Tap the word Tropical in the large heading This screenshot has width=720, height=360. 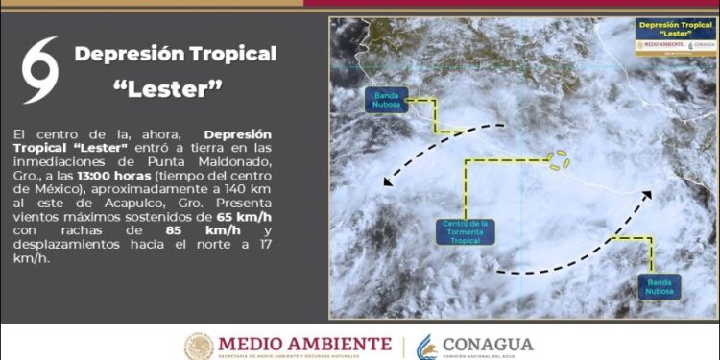(x=227, y=54)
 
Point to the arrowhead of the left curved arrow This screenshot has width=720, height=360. (x=386, y=180)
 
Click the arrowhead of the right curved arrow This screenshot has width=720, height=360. (x=648, y=195)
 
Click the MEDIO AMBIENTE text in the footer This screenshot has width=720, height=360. (x=304, y=343)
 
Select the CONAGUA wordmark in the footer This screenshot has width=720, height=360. (x=488, y=344)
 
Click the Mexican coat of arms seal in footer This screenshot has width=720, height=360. (x=199, y=347)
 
